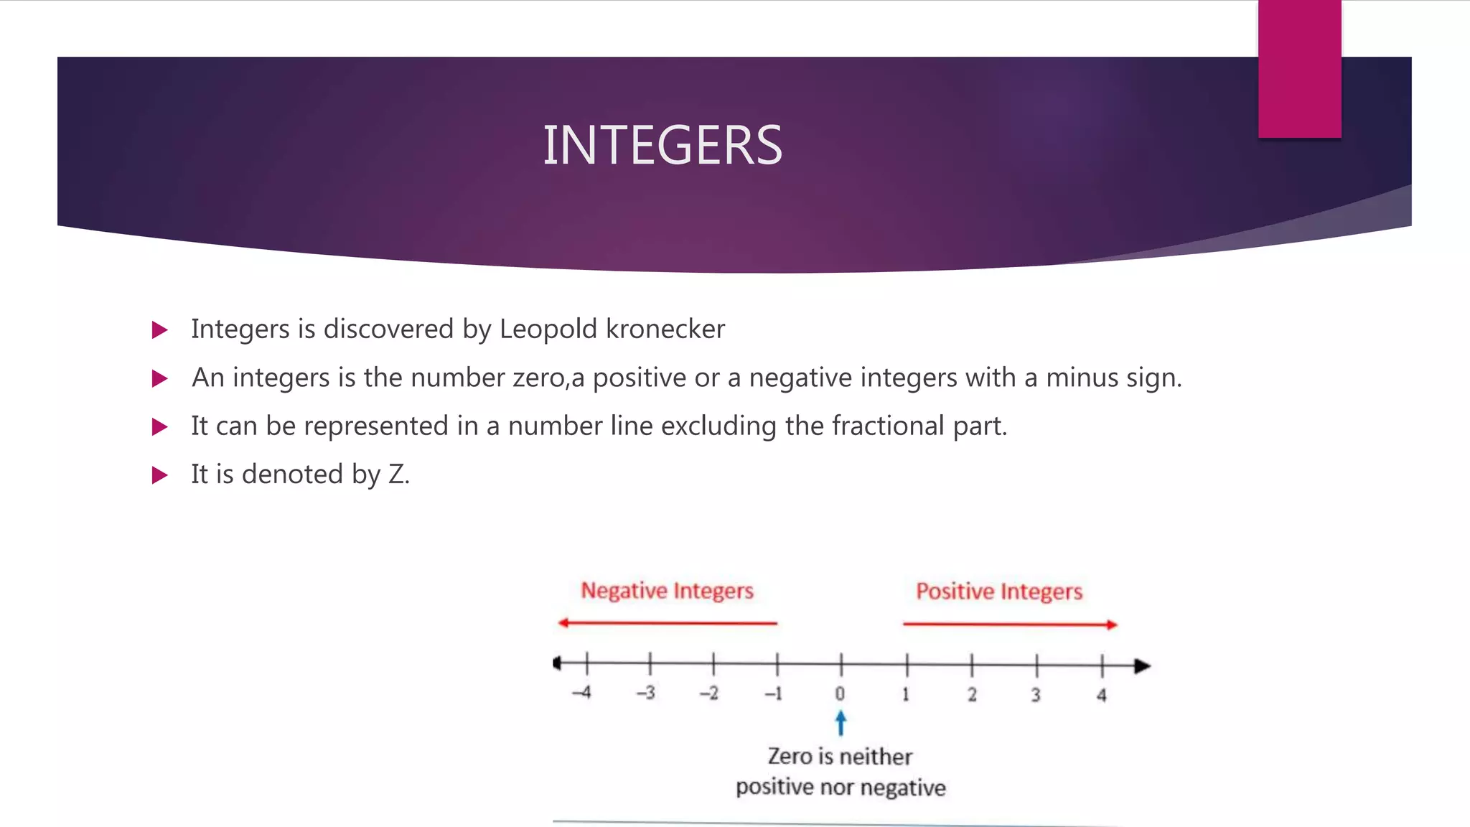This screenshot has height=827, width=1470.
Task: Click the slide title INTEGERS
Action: pyautogui.click(x=662, y=146)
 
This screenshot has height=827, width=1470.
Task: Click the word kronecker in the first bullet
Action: pyautogui.click(x=665, y=329)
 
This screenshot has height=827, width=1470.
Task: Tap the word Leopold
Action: pyautogui.click(x=548, y=329)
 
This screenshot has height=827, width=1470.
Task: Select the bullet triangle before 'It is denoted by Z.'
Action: pyautogui.click(x=159, y=475)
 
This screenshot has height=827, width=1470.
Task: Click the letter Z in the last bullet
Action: pyautogui.click(x=396, y=475)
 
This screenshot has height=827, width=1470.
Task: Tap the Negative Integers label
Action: pyautogui.click(x=667, y=591)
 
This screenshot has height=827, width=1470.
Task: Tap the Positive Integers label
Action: pyautogui.click(x=998, y=592)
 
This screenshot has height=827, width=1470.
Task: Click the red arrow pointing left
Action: pyautogui.click(x=667, y=622)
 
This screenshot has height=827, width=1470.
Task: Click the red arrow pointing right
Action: pyautogui.click(x=1010, y=625)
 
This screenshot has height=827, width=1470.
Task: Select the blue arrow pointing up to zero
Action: pyautogui.click(x=841, y=723)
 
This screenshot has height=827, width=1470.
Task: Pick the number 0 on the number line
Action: pyautogui.click(x=840, y=693)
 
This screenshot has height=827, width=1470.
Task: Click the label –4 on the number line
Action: pyautogui.click(x=581, y=693)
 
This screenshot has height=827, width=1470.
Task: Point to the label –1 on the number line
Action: pyautogui.click(x=773, y=693)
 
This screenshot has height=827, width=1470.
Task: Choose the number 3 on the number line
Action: pyautogui.click(x=1036, y=694)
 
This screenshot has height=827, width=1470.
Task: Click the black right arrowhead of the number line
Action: pyautogui.click(x=1142, y=666)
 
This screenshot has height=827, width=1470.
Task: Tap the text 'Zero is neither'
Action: pyautogui.click(x=840, y=757)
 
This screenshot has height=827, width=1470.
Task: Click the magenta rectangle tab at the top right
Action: pyautogui.click(x=1299, y=69)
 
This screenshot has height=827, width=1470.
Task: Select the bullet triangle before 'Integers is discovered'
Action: pyautogui.click(x=159, y=330)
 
